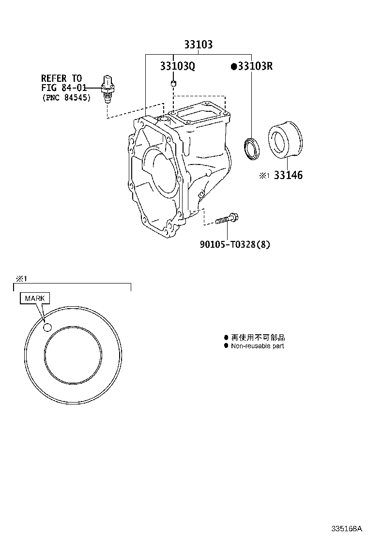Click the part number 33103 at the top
(199, 44)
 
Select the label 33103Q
(178, 66)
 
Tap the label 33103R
(255, 66)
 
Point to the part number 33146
(289, 175)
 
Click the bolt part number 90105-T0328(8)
(235, 244)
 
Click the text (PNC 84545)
(67, 97)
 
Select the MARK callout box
(35, 298)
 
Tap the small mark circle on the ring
(47, 328)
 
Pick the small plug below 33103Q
(174, 83)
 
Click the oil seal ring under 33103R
(252, 149)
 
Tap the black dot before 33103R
(234, 66)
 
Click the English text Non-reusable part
(258, 346)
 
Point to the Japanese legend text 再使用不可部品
(258, 338)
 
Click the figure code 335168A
(347, 528)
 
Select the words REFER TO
(61, 78)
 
